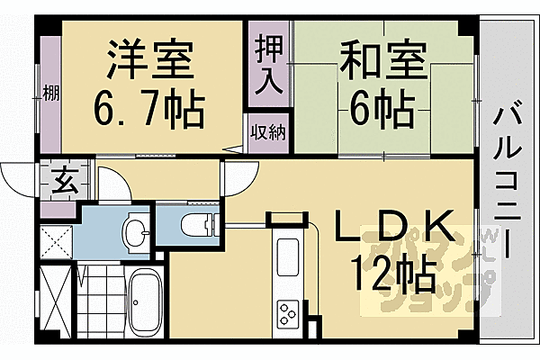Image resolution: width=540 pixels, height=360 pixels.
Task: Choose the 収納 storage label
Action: [267, 133]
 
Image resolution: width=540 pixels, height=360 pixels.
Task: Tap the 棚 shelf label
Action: [48, 94]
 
